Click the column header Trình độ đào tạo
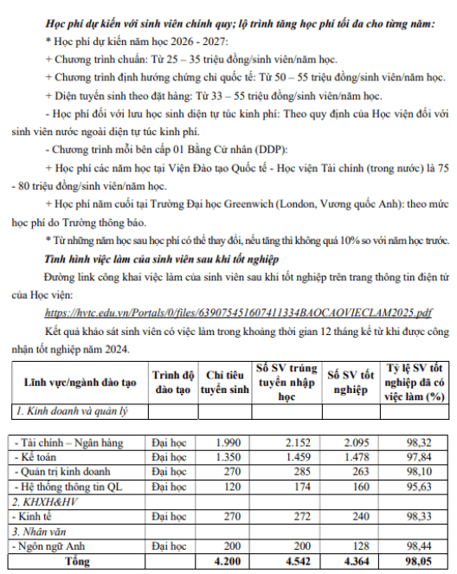tap(170, 382)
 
